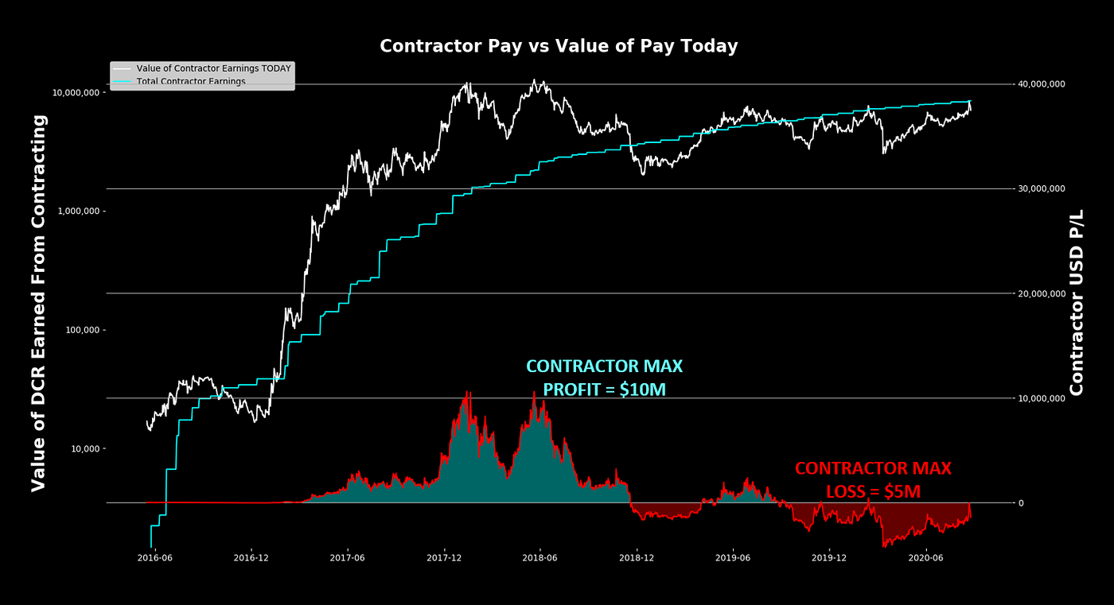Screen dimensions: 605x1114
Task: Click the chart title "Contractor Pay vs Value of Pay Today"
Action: pyautogui.click(x=559, y=46)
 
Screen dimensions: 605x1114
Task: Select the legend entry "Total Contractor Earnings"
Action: pyautogui.click(x=190, y=81)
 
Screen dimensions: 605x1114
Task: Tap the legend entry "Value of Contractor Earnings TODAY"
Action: pyautogui.click(x=213, y=68)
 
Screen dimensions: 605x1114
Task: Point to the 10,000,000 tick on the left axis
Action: pyautogui.click(x=76, y=92)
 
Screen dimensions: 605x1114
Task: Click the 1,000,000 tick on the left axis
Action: pyautogui.click(x=80, y=211)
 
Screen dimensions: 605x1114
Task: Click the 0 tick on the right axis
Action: pyautogui.click(x=1021, y=503)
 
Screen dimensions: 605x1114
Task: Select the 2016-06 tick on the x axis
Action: pyautogui.click(x=154, y=558)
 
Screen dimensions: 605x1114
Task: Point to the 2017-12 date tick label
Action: pyautogui.click(x=444, y=558)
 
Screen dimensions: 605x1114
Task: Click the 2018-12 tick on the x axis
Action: pyautogui.click(x=637, y=558)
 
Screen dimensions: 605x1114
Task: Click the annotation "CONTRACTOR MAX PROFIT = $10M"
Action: pyautogui.click(x=604, y=378)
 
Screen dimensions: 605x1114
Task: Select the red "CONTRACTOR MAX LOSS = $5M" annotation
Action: pyautogui.click(x=873, y=480)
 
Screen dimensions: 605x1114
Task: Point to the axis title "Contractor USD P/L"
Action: pyautogui.click(x=1077, y=302)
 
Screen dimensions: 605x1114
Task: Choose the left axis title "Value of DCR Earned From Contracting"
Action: pyautogui.click(x=39, y=303)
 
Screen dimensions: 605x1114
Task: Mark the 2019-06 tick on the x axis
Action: pyautogui.click(x=733, y=558)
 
